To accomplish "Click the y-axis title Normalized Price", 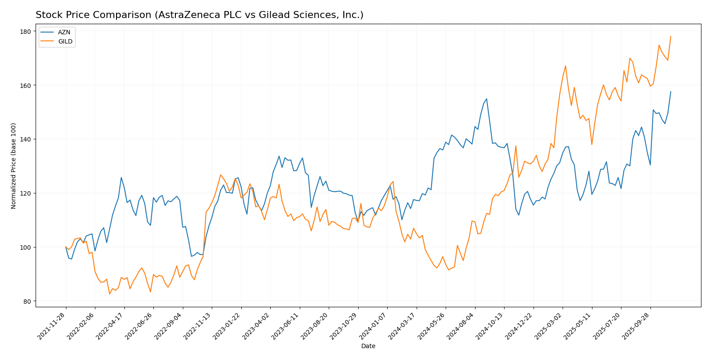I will [14, 166].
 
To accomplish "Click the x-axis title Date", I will [368, 346].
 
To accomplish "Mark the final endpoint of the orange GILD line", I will [671, 36].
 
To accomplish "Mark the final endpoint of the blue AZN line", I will [671, 92].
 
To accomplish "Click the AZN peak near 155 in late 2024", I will [487, 98].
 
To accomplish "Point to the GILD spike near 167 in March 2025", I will [565, 66].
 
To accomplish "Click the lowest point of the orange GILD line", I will [109, 294].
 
